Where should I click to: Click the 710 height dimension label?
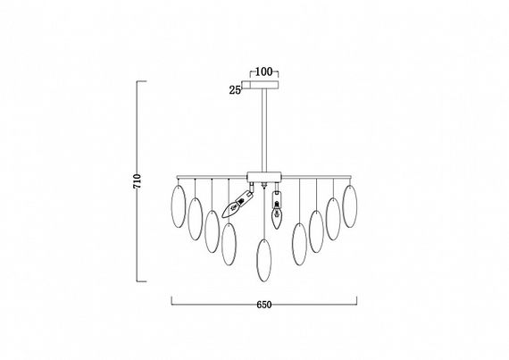pos(138,181)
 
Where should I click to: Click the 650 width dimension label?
pos(264,305)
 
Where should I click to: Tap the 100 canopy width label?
pos(263,71)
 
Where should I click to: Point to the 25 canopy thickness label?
pos(235,90)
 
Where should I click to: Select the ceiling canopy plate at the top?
pos(261,84)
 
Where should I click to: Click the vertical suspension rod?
pos(264,130)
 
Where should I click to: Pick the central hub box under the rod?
pos(264,177)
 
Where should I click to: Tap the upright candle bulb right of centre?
pos(276,215)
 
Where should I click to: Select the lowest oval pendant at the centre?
pos(264,260)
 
